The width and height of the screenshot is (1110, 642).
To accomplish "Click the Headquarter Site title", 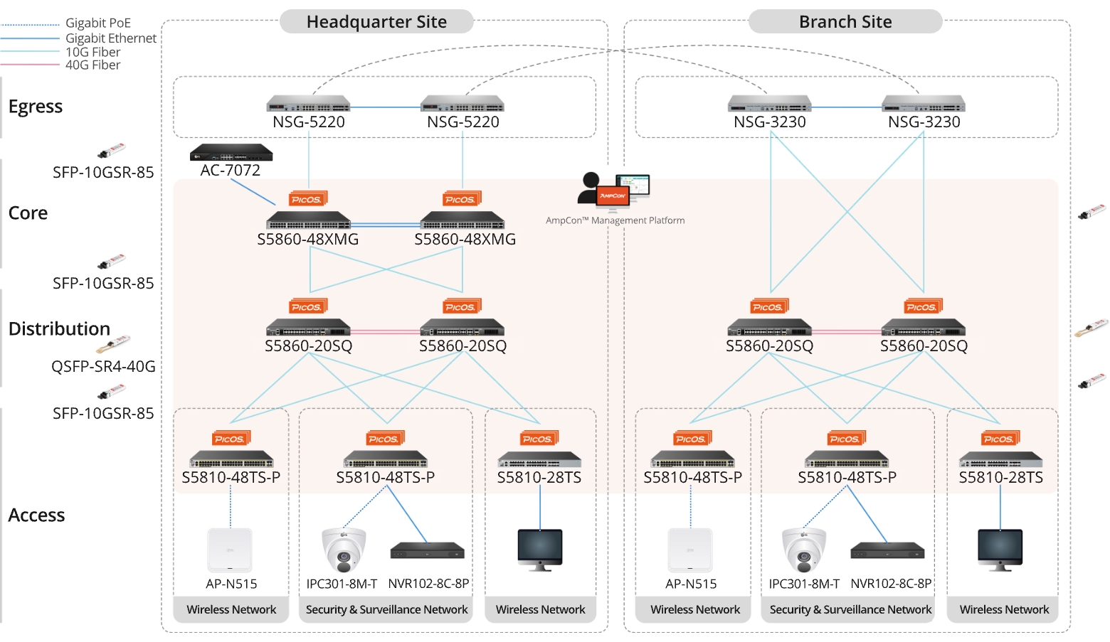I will click(376, 22).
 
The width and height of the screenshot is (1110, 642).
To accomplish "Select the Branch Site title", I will click(845, 22).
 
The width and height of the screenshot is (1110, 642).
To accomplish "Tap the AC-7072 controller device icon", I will click(231, 153).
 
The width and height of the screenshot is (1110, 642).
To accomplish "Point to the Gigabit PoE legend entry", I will click(97, 23).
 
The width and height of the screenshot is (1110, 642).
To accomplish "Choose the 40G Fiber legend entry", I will click(92, 65).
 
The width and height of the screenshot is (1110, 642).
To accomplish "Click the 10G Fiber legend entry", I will click(92, 53).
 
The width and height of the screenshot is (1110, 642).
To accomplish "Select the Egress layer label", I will click(36, 107).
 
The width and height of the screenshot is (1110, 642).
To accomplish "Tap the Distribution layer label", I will click(59, 329).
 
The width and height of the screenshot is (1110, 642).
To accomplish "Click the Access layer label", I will click(36, 515).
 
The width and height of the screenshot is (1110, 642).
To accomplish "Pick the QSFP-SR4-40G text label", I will click(103, 367).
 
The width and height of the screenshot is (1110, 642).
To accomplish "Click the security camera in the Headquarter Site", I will click(344, 550).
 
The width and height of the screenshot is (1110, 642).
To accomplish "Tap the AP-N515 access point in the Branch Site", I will click(690, 550).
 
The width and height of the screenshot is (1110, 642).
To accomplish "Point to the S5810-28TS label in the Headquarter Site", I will click(539, 478).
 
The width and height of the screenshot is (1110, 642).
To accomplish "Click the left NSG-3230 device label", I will click(770, 122).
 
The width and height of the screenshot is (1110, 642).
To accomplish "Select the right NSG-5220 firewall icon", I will click(462, 105).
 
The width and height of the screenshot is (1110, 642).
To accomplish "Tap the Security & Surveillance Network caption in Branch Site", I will click(850, 610).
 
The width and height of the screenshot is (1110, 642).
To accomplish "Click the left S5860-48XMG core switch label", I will click(308, 240).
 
